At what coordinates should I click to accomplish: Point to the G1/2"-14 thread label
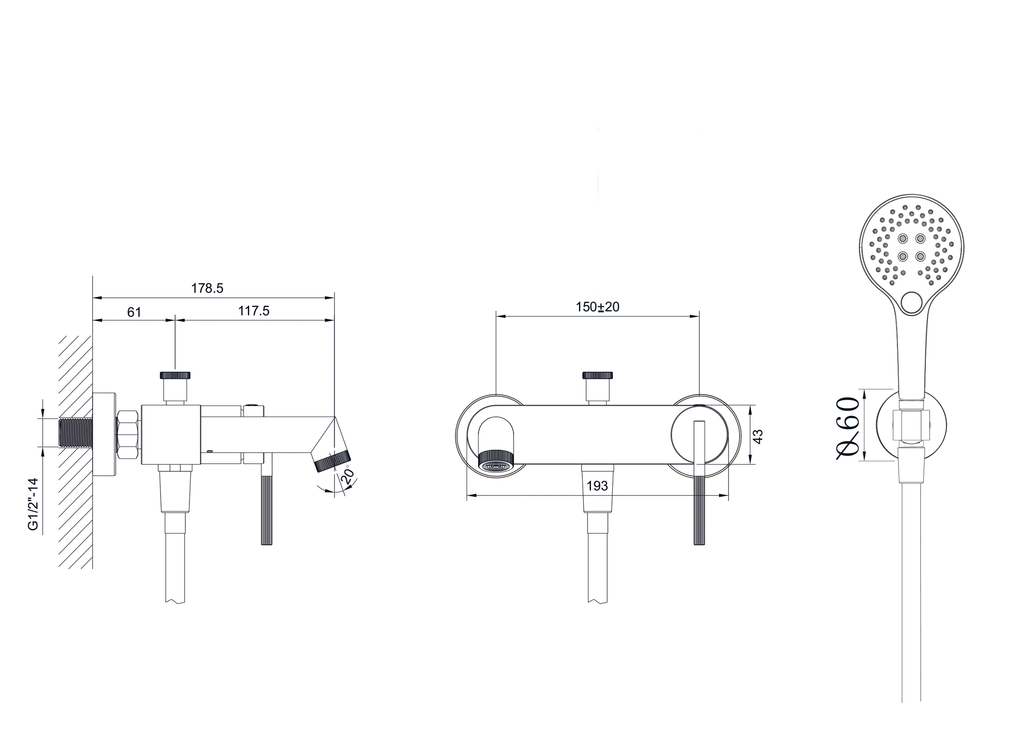coord(34,504)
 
